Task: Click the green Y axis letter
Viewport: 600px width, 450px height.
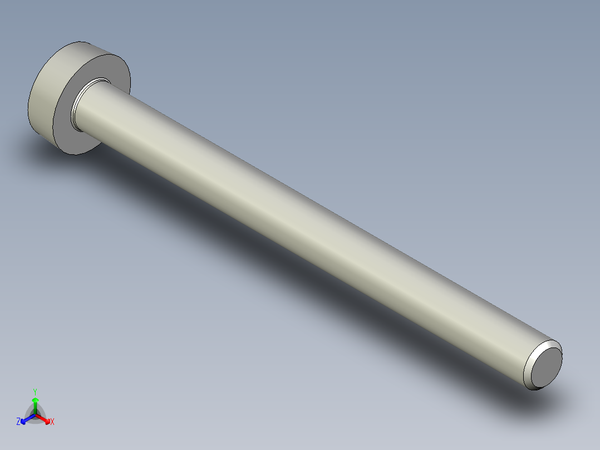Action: (x=35, y=391)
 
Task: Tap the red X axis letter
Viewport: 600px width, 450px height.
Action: (x=52, y=422)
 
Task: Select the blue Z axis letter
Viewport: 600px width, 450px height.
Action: (x=18, y=422)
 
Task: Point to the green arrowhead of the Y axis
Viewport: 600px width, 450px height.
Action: (x=35, y=400)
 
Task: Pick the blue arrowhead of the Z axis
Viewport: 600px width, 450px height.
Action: (x=24, y=419)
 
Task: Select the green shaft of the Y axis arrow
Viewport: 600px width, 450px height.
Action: (x=35, y=408)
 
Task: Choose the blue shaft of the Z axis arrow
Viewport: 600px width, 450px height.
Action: (x=29, y=417)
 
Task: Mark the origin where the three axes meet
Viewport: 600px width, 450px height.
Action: (x=35, y=414)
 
